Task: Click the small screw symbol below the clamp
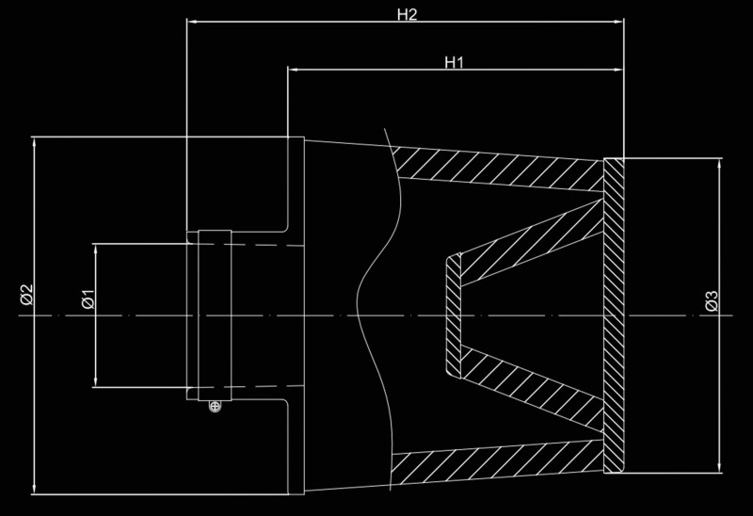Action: point(216,406)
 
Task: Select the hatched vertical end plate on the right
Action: point(614,315)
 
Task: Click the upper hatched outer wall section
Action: point(499,167)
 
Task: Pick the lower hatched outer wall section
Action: point(499,464)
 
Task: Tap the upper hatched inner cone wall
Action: point(527,241)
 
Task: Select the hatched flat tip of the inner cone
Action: point(452,315)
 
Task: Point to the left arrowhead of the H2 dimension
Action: point(191,19)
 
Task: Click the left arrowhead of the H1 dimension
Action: point(291,69)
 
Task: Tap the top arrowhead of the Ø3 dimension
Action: point(719,162)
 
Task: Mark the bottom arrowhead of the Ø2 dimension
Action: point(34,491)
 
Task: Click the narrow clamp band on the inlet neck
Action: point(213,314)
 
